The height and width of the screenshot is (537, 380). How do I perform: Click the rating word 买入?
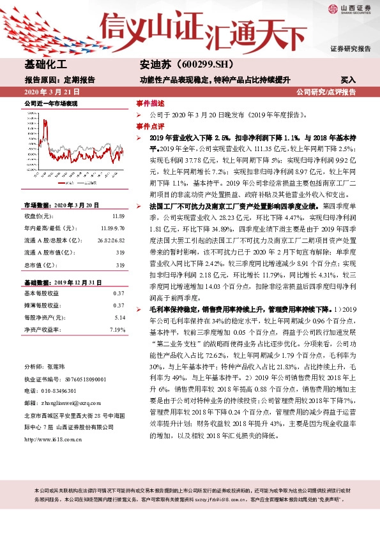(348, 80)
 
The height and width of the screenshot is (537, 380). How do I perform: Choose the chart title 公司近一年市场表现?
(50, 103)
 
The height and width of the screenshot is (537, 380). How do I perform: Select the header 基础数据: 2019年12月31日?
(61, 281)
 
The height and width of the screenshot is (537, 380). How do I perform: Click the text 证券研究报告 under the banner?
(350, 48)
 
